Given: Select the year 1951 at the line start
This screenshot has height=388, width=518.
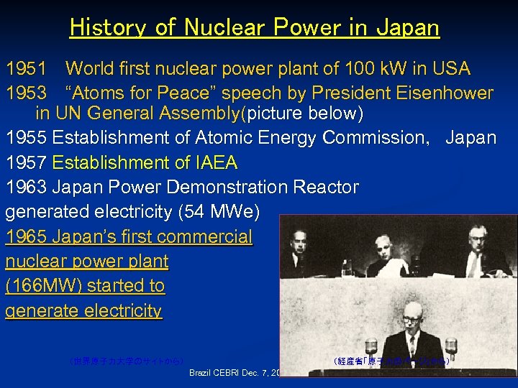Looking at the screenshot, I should click(x=27, y=69).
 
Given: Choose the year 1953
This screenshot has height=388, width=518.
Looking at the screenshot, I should click(x=27, y=93).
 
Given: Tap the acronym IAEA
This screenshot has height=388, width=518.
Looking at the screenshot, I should click(x=212, y=162).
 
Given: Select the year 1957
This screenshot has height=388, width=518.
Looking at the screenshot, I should click(x=27, y=162).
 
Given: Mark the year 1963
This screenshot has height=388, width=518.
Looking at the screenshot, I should click(x=27, y=187).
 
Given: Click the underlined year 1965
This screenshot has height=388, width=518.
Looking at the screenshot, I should click(x=27, y=236).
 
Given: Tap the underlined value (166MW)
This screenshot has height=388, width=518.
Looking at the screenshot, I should click(x=45, y=285).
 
